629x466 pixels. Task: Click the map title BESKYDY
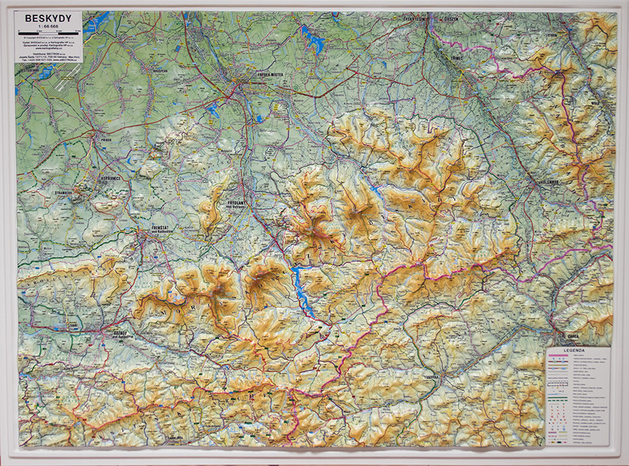[x=43, y=19]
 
